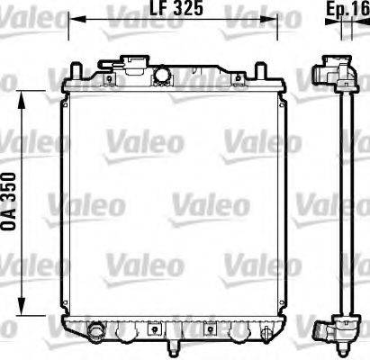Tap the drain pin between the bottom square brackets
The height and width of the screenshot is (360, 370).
pos(171,343)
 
